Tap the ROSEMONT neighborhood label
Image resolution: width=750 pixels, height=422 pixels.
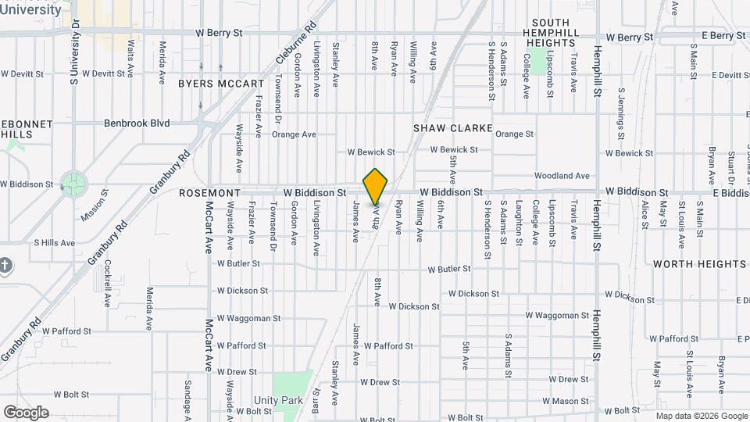[208, 192]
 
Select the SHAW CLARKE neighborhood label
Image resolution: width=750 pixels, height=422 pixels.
[453, 127]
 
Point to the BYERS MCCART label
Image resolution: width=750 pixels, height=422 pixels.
[221, 83]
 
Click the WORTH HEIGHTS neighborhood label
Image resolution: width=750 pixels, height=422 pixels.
[699, 264]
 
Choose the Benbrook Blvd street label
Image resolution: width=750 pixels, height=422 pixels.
[137, 123]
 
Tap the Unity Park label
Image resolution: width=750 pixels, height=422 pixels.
[283, 400]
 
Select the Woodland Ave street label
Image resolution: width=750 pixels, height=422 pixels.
[562, 176]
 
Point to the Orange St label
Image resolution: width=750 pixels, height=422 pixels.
[514, 134]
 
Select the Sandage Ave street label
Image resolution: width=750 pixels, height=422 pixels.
[188, 397]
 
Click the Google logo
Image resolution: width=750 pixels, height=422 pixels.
[26, 413]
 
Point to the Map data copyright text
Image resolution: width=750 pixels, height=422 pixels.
[701, 416]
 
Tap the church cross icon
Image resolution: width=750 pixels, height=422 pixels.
[5, 266]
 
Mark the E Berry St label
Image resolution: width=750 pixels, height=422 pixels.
[723, 36]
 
